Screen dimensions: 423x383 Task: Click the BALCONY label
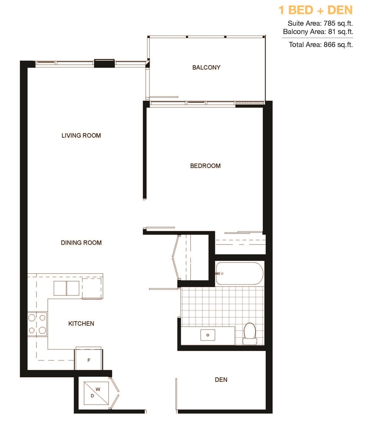206,67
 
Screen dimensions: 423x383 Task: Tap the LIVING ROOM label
81,136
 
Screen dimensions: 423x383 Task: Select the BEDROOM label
205,166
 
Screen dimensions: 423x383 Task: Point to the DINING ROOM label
81,243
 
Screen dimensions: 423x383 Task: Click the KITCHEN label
81,324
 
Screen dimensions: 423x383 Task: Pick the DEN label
221,380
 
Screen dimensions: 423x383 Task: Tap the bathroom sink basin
208,335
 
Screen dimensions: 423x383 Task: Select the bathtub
239,273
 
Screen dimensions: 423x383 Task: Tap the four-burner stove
37,324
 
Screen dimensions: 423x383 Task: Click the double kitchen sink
66,288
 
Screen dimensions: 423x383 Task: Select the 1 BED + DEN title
315,10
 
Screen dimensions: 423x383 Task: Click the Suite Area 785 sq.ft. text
320,24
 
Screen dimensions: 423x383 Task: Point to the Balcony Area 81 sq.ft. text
318,32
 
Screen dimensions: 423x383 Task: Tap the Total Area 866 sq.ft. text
321,45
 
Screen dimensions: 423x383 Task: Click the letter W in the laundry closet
98,389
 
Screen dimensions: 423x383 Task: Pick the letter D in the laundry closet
92,396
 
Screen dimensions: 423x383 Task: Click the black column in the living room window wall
104,63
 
